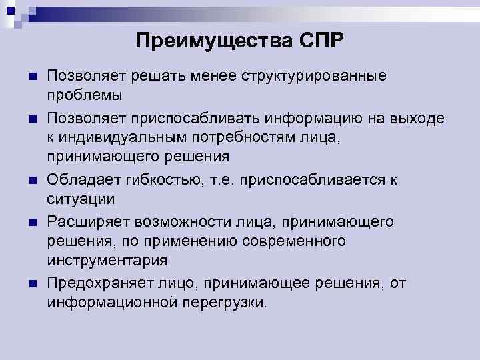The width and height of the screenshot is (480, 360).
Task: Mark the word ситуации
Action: pos(81,199)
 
